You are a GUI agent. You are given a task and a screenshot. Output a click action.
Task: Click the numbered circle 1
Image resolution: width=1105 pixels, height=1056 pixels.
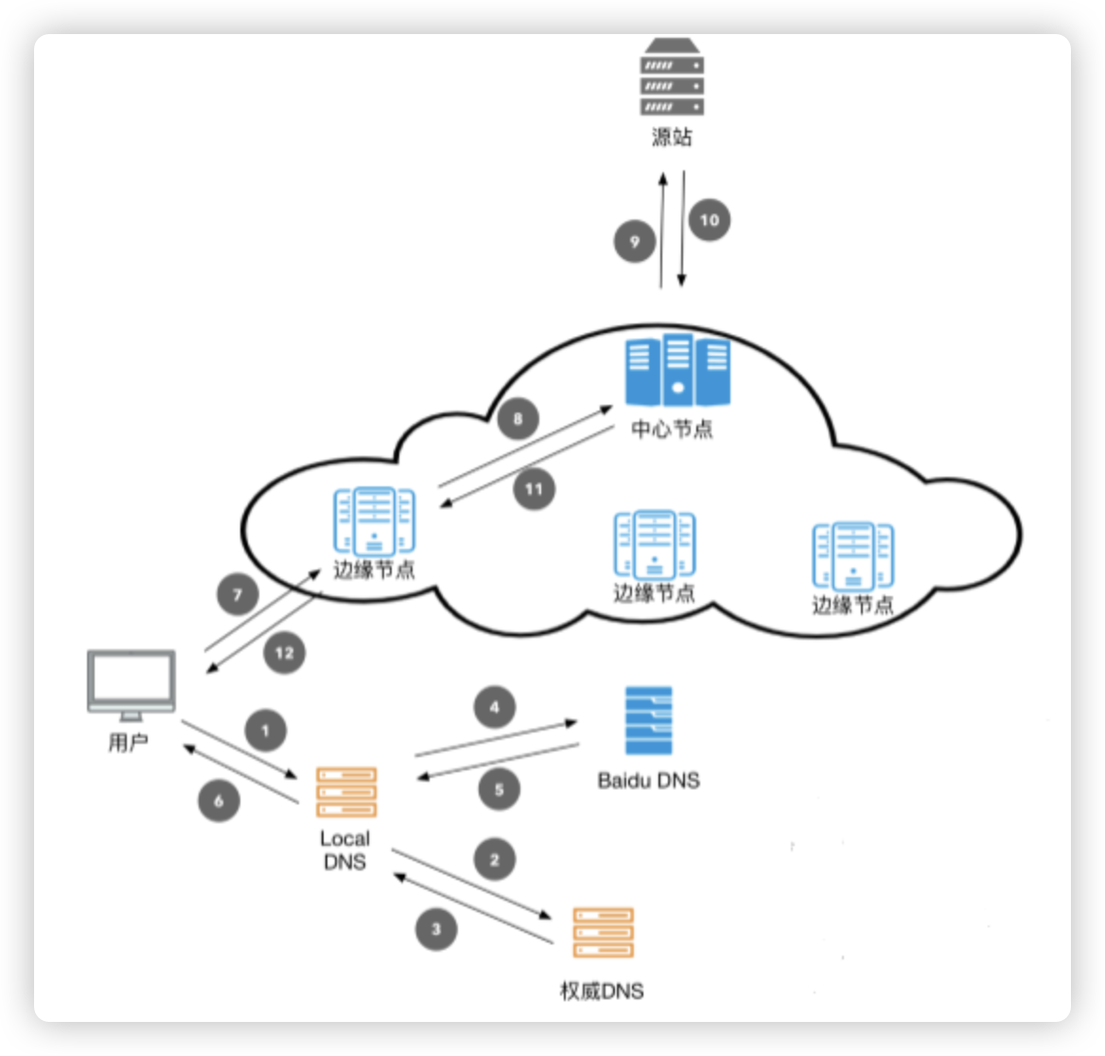[x=266, y=730]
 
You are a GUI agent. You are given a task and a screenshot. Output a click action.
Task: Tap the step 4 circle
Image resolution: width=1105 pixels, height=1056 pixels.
[x=495, y=707]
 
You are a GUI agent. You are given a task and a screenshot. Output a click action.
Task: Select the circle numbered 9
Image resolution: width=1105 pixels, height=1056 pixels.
[x=635, y=241]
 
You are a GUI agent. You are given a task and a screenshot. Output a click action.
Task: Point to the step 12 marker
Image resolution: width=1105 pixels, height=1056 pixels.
[x=286, y=653]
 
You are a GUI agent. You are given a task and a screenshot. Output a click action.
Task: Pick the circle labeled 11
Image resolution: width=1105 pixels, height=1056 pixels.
[x=535, y=489]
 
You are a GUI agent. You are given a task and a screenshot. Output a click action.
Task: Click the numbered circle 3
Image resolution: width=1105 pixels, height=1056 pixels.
[x=436, y=929]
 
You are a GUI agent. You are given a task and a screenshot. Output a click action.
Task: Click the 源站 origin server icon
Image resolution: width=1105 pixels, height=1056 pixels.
[x=672, y=79]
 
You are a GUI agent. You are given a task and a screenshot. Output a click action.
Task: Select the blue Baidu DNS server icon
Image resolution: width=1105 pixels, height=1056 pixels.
[x=649, y=720]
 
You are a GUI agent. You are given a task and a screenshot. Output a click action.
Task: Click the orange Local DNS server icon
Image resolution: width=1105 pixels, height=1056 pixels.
[x=345, y=793]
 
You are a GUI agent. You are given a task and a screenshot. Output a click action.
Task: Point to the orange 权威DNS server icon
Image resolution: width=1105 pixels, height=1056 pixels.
[x=604, y=933]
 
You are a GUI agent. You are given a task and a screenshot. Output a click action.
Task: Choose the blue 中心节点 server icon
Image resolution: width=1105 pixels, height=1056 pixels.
[x=677, y=369]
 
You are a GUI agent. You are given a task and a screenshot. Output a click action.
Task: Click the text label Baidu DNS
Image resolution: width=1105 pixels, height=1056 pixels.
[x=649, y=782]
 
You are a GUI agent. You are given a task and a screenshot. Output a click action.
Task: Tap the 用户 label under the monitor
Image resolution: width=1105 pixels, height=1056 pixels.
[x=128, y=742]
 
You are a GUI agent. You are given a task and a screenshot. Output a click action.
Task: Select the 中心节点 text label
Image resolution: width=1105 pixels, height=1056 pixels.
[x=672, y=430]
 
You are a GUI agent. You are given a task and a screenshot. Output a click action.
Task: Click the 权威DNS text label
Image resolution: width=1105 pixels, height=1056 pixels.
[x=603, y=991]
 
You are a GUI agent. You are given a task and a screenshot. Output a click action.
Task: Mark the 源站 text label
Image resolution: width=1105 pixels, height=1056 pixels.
[x=672, y=137]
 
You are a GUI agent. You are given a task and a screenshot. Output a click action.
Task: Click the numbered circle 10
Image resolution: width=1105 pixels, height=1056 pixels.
[x=709, y=220]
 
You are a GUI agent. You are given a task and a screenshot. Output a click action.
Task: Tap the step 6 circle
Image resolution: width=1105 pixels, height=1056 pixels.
[x=219, y=801]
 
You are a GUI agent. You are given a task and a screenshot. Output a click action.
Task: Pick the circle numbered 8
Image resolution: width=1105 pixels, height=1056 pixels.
[x=517, y=418]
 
